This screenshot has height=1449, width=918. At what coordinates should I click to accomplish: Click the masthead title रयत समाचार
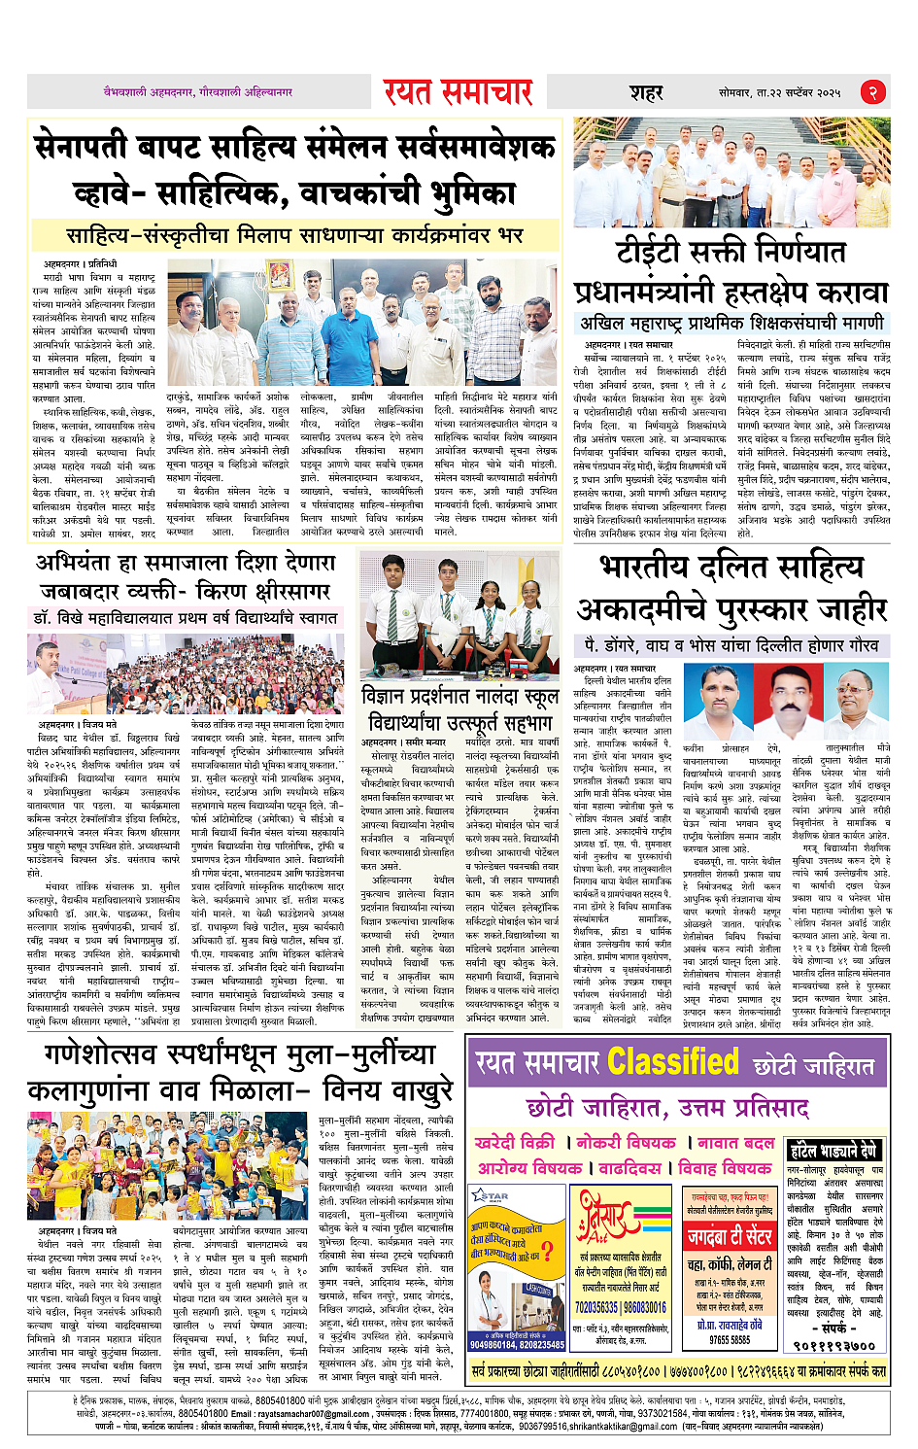coord(458,92)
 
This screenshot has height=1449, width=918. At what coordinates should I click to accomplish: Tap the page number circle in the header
coord(873,92)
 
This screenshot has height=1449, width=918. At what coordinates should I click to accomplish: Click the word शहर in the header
coord(646,93)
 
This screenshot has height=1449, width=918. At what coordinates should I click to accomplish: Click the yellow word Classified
coord(674,1062)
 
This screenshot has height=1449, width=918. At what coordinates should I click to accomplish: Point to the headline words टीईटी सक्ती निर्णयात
coord(731,253)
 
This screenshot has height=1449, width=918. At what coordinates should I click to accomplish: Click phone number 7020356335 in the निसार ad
coord(595,1307)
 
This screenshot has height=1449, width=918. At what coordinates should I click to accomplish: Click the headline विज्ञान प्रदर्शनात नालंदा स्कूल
coord(459,697)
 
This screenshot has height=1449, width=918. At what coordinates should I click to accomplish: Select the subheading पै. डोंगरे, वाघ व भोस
coord(731,645)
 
